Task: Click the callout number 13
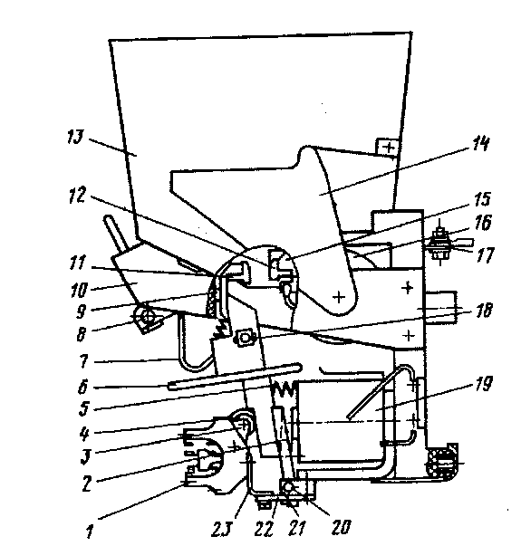tap(75, 138)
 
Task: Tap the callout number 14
tap(480, 143)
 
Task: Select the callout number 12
tap(77, 195)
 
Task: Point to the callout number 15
tap(482, 199)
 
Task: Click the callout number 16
tap(483, 223)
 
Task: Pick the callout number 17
tap(486, 255)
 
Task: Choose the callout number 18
tap(484, 310)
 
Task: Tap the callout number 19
tap(484, 384)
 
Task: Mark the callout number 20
tap(341, 527)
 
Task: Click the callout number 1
tap(90, 532)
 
